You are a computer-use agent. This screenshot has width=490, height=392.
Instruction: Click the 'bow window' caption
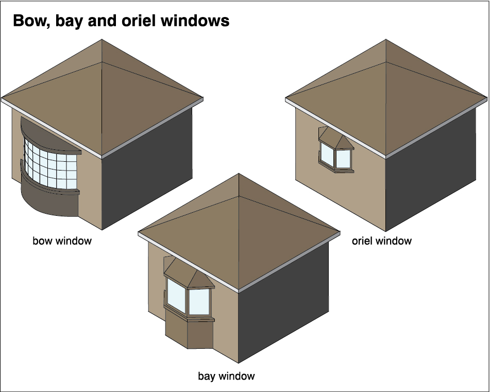pyautogui.click(x=62, y=241)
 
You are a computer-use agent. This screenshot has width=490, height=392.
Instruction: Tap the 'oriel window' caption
pyautogui.click(x=381, y=241)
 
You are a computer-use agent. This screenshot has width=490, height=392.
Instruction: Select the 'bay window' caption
pyautogui.click(x=226, y=376)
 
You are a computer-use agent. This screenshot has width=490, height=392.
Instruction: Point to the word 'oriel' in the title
pyautogui.click(x=151, y=21)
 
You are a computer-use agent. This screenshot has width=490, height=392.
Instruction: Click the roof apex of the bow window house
pyautogui.click(x=102, y=40)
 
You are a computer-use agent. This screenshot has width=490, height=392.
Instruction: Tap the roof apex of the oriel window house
pyautogui.click(x=386, y=40)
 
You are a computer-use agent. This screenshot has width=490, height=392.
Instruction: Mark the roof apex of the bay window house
pyautogui.click(x=239, y=174)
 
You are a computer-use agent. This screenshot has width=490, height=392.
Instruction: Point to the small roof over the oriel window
pyautogui.click(x=335, y=138)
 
